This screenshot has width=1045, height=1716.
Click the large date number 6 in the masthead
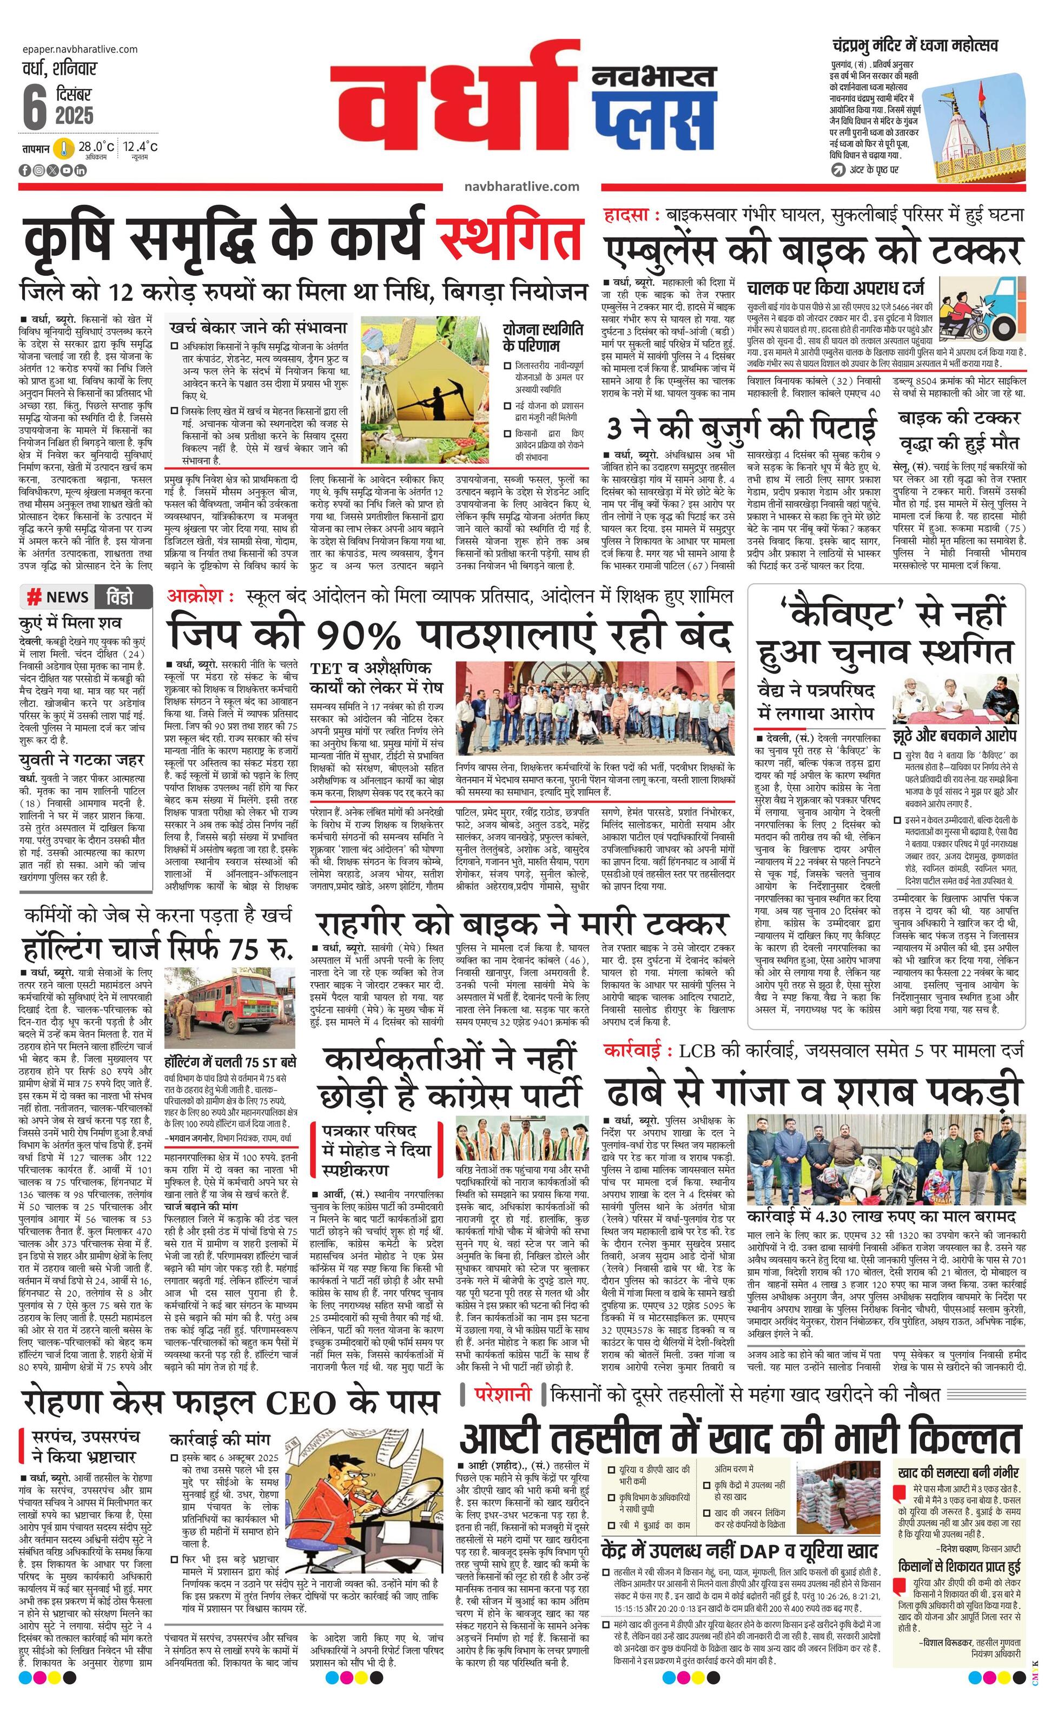point(34,109)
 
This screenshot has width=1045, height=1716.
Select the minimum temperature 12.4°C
point(141,147)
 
